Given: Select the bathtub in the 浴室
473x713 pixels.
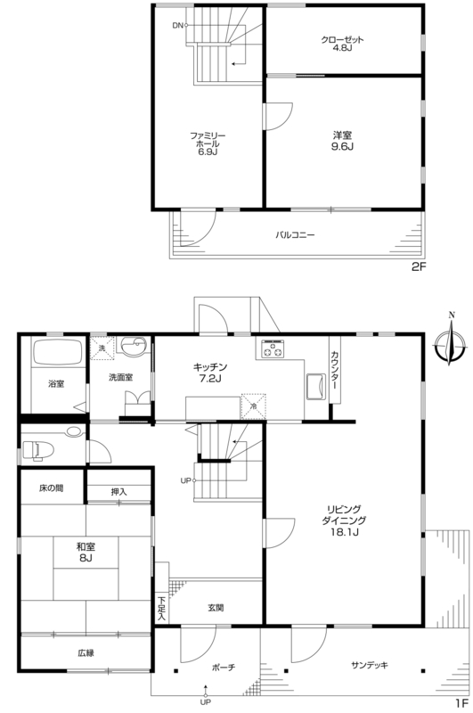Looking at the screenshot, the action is point(56,351).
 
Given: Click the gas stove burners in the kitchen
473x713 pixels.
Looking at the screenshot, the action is point(272,349).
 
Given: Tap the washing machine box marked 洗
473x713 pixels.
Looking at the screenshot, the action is point(102,348).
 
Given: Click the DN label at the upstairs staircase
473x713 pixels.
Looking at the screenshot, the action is point(177,26).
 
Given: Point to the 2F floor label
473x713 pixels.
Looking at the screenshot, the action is point(419,266).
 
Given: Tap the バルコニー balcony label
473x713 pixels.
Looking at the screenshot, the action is point(295,235).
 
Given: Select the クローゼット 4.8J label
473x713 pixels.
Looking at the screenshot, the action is point(343,44).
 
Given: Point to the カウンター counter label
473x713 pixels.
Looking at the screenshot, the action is point(334,370).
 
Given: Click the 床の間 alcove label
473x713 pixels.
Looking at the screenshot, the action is point(51,488).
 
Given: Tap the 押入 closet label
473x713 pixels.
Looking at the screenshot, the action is point(119,492).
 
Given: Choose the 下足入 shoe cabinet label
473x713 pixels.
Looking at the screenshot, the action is point(161,609).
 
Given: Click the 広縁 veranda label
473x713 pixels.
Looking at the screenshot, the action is point(86,653).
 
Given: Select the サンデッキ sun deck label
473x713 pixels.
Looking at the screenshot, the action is point(370,665).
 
